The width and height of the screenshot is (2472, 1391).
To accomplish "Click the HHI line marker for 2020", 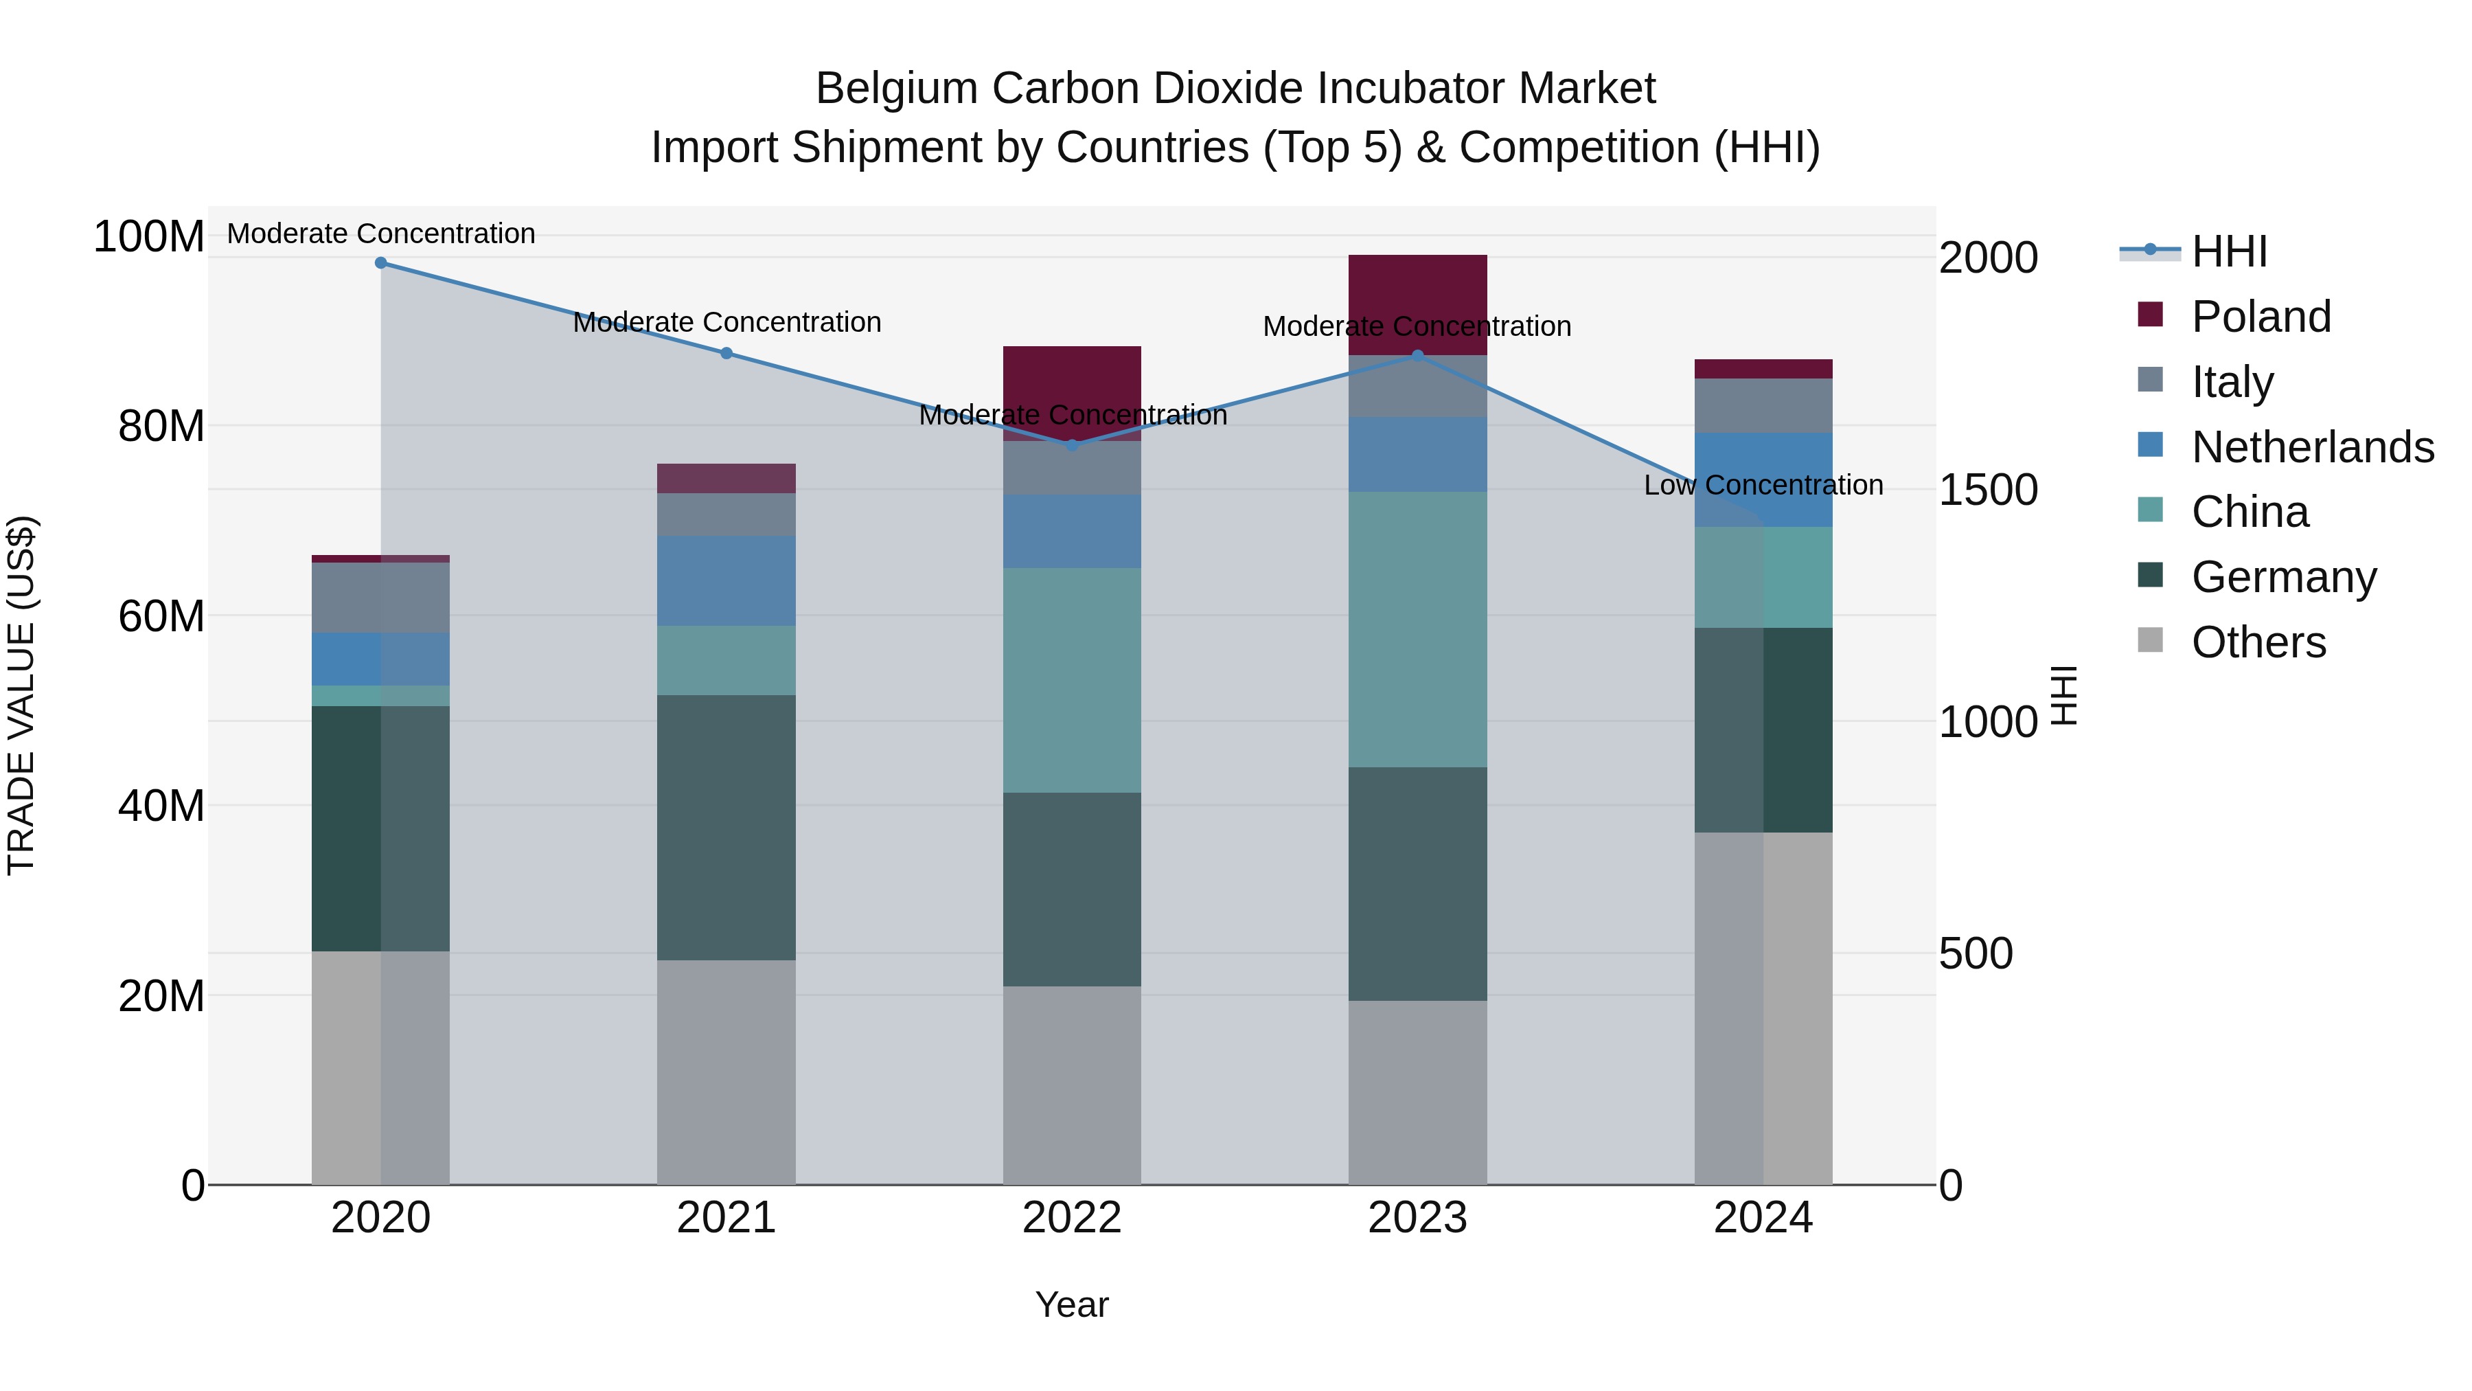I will tap(381, 262).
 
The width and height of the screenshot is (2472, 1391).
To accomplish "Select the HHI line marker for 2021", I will tap(726, 353).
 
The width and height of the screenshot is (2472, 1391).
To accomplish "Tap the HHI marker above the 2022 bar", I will tap(1072, 445).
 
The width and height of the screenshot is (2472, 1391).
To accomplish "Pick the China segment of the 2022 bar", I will tap(1072, 679).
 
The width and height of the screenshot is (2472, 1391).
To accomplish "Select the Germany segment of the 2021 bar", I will tap(726, 828).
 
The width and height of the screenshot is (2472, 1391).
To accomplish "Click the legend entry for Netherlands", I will tap(2313, 447).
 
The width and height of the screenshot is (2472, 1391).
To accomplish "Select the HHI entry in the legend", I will tap(2229, 251).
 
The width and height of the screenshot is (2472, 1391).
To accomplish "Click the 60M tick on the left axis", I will tap(161, 616).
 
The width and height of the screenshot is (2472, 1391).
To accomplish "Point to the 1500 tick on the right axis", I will tap(1987, 490).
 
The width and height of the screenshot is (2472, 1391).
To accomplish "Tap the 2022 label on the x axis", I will tap(1072, 1218).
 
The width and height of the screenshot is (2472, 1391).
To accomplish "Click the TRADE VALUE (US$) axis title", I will tap(21, 695).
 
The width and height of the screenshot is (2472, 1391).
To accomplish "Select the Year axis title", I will tap(1072, 1304).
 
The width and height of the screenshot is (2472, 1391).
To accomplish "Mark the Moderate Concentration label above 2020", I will tap(381, 234).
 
